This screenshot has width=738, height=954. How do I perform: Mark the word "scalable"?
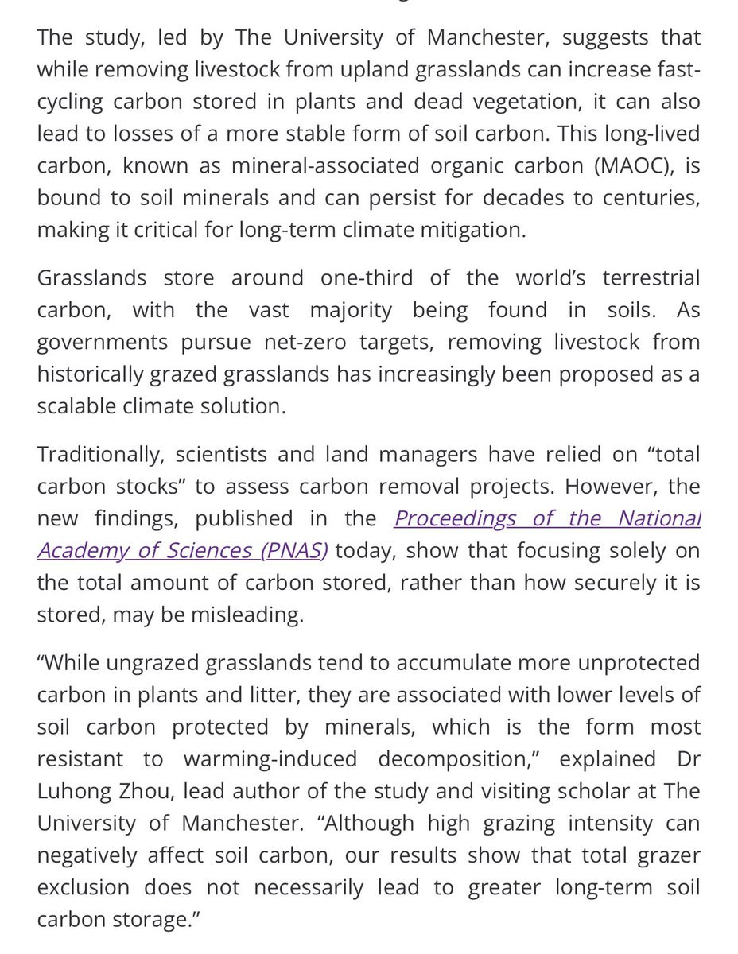[77, 405]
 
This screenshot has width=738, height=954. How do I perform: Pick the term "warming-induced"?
[270, 758]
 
